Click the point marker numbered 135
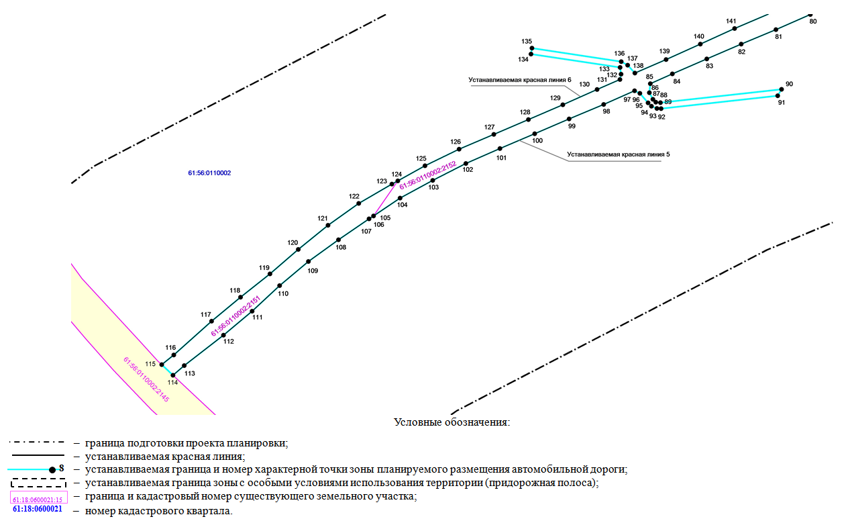532,48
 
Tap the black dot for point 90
782,89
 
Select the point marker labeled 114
172,375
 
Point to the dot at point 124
398,181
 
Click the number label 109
313,271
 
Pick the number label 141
731,21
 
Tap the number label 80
813,21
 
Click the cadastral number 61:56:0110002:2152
427,175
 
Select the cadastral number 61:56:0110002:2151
236,316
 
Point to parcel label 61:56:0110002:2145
146,379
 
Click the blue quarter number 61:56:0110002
209,173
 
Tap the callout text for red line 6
519,80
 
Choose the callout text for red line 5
618,154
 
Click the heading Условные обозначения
452,422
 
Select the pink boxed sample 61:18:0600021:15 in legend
39,497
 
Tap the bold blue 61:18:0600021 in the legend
38,509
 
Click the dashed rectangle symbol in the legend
38,483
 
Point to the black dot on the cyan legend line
52,470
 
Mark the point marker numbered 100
535,134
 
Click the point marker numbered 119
270,274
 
